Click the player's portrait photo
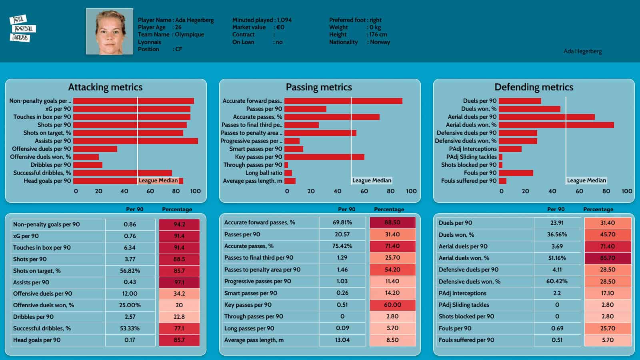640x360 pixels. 109,32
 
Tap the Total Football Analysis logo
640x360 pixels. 22,28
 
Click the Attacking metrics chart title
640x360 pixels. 105,87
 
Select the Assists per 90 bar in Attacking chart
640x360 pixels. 135,141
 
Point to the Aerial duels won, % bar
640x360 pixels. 556,125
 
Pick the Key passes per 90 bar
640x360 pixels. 324,157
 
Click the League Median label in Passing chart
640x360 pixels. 372,180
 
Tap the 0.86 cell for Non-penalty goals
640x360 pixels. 130,224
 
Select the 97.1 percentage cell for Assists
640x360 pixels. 179,282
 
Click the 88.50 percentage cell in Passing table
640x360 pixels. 392,222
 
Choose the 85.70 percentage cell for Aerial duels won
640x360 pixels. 608,258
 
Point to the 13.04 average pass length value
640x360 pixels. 342,340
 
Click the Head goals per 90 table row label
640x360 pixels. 37,340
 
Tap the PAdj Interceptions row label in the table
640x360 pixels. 462,293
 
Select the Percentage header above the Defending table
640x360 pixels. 598,209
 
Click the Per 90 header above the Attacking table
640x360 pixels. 135,209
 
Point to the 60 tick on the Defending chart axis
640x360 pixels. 579,191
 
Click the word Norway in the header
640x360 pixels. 380,42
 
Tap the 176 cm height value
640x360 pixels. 378,34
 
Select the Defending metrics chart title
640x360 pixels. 534,87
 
